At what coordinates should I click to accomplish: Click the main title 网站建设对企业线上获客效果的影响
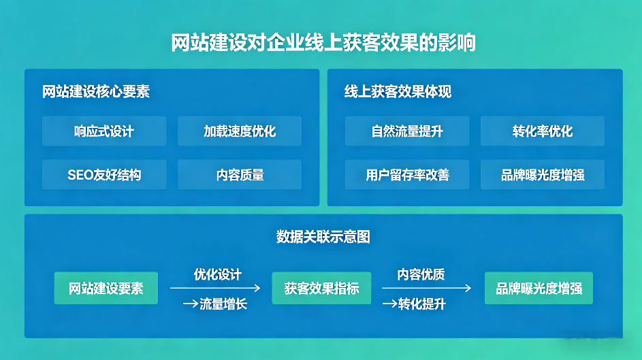[x=323, y=42]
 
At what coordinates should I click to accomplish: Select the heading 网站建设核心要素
[x=96, y=91]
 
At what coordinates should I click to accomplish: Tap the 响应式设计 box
[x=104, y=131]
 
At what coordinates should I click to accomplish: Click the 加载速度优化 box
[x=240, y=131]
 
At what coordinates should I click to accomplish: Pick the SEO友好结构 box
[x=104, y=175]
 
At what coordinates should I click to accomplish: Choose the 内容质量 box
[x=240, y=175]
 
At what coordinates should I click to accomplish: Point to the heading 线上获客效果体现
[x=398, y=91]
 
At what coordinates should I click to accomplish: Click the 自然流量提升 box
[x=407, y=131]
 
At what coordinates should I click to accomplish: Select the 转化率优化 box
[x=543, y=131]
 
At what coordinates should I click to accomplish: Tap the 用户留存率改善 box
[x=407, y=175]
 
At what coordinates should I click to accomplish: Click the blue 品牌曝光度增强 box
[x=543, y=175]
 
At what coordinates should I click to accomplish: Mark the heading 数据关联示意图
[x=323, y=237]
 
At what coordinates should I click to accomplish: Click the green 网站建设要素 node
[x=106, y=288]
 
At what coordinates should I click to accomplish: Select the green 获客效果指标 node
[x=321, y=288]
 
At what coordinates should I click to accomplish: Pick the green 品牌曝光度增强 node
[x=539, y=288]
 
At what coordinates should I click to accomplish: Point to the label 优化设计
[x=217, y=274]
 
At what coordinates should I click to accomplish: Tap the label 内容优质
[x=421, y=274]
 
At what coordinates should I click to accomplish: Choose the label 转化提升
[x=422, y=304]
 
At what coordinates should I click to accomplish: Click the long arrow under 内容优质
[x=426, y=288]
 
